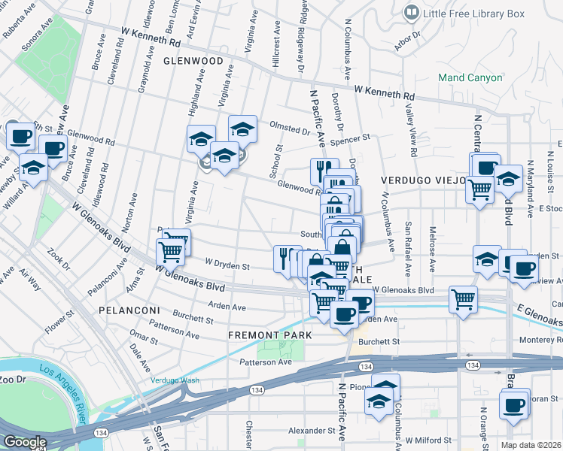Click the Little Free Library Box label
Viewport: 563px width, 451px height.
click(474, 13)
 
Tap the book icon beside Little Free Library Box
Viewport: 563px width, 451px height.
click(412, 12)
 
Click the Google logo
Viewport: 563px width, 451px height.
click(25, 441)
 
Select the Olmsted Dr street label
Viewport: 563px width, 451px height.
click(291, 130)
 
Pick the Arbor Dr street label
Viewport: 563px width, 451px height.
click(406, 38)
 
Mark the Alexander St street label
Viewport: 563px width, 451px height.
click(311, 431)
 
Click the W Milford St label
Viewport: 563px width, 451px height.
click(428, 440)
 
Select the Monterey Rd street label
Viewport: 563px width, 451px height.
click(540, 340)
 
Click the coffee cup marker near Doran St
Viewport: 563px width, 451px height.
click(514, 404)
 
